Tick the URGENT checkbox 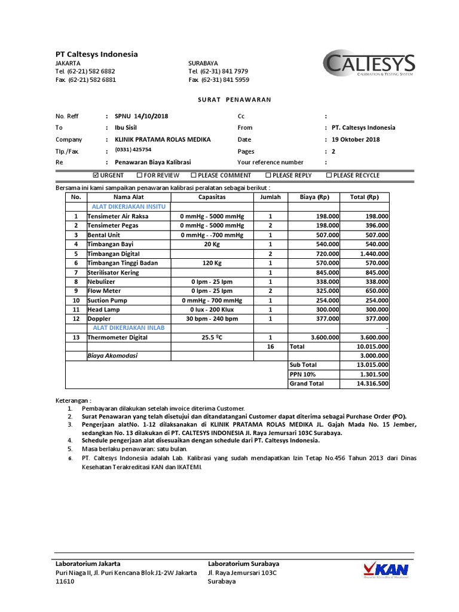97,175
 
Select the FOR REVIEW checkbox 139,175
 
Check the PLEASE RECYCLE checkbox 329,175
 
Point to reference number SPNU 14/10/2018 141,116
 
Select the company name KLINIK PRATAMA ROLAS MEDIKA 163,139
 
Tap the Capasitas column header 212,197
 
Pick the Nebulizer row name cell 102,281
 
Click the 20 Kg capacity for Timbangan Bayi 212,244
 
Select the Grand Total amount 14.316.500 372,384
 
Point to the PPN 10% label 302,374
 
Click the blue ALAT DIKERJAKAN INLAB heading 128,328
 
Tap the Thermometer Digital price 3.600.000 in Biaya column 324,338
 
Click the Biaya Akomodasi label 112,356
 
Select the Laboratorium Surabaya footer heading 243,564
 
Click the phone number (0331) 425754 133,150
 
